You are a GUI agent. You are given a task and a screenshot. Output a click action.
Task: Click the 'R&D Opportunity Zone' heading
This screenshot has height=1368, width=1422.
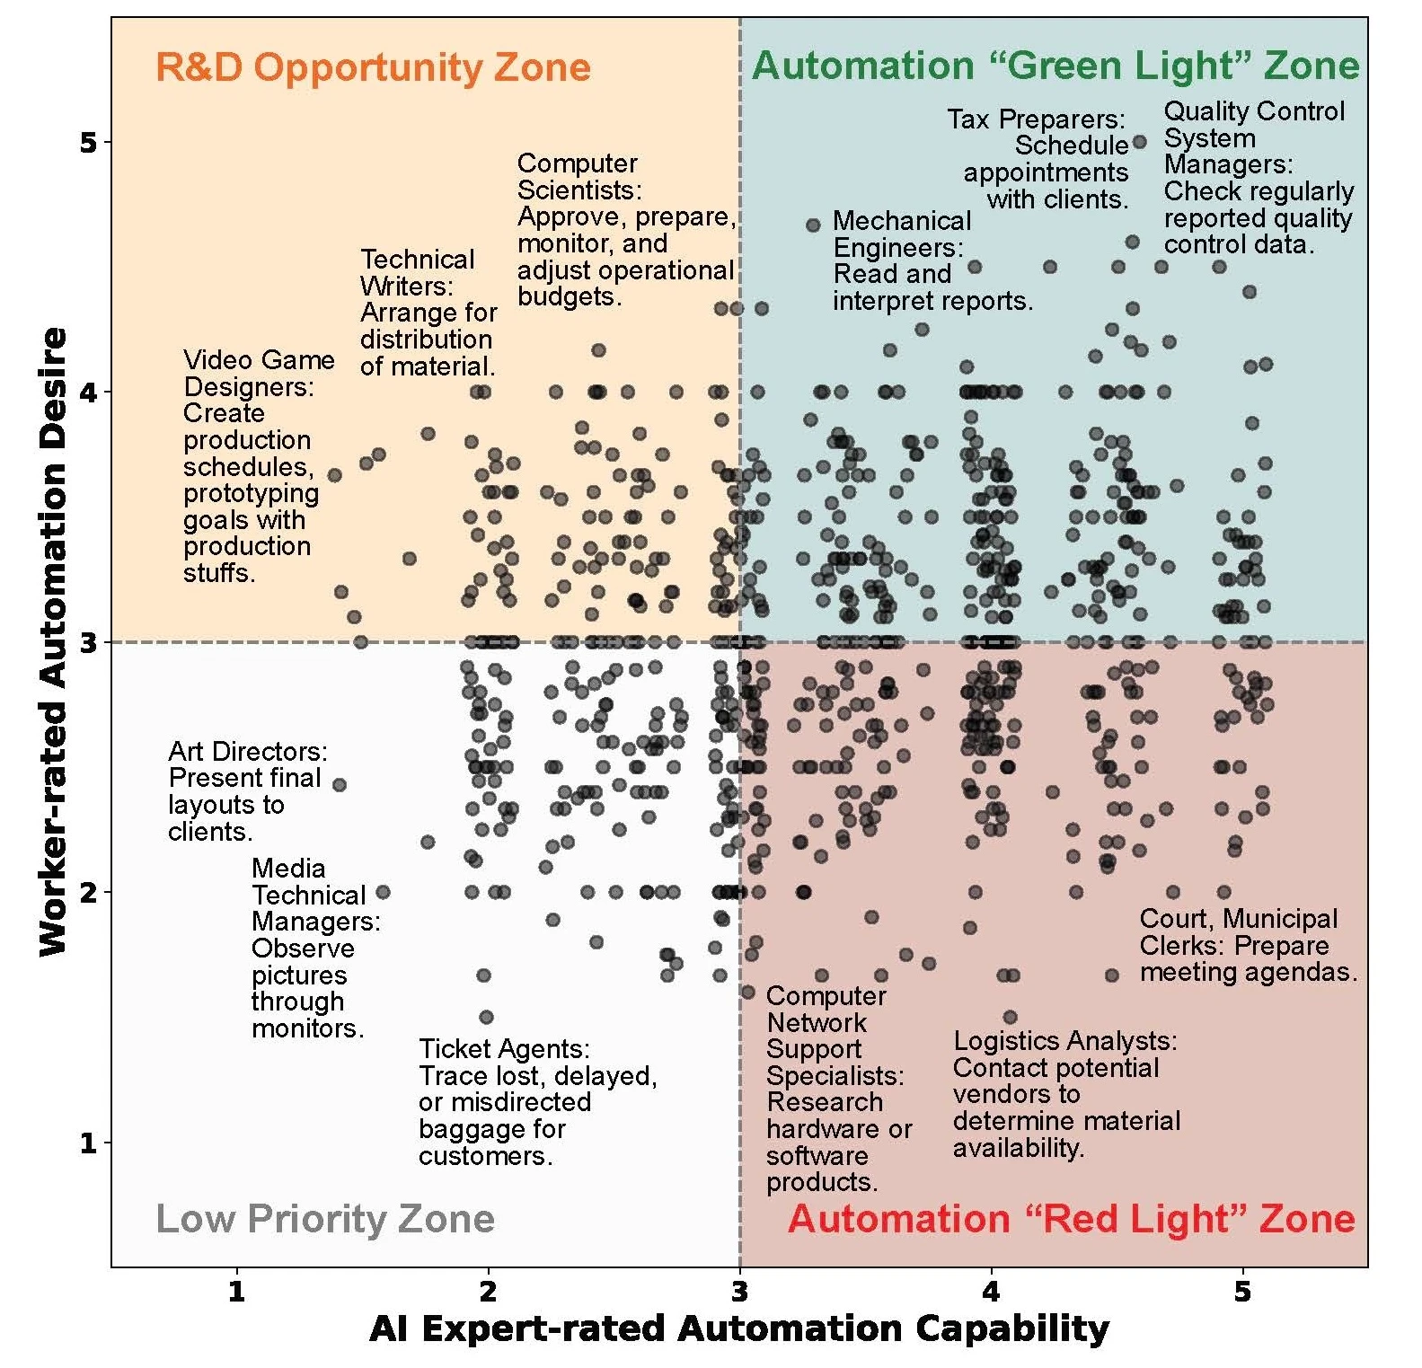coord(373,67)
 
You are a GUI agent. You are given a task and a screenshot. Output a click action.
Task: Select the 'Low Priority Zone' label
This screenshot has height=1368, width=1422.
coord(325,1219)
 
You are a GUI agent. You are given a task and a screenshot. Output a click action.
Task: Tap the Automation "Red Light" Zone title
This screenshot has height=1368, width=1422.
coord(1071,1219)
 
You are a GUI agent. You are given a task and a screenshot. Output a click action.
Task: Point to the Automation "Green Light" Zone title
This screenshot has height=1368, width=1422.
coord(1055,66)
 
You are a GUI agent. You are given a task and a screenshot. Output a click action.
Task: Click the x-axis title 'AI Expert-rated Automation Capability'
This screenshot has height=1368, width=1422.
coord(738,1328)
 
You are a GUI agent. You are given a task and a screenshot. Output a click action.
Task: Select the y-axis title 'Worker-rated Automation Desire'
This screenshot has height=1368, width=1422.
coord(54,641)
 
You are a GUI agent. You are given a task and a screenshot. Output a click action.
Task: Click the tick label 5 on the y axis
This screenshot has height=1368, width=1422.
coord(87,142)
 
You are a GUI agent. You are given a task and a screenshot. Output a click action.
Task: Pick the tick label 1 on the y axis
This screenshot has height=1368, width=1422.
coord(87,1143)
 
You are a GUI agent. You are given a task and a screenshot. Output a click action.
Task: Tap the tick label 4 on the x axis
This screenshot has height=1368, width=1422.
coord(991,1292)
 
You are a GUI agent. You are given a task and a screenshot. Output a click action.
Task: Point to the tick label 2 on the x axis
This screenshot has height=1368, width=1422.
coord(488,1292)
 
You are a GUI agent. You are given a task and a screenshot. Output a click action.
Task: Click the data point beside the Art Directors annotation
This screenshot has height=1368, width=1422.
coord(340,785)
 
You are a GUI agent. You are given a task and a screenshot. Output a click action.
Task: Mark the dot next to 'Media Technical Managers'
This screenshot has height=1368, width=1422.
coord(383,892)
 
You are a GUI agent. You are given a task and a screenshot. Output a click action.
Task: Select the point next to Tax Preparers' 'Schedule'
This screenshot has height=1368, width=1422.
coord(1140,142)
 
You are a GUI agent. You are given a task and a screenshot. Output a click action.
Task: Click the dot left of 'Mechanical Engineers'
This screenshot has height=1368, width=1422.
coord(813,225)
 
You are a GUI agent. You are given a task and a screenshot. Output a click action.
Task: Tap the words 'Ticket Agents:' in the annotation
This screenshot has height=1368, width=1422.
coord(504,1049)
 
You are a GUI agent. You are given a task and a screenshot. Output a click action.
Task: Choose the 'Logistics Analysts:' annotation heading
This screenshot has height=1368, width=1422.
coord(1064,1041)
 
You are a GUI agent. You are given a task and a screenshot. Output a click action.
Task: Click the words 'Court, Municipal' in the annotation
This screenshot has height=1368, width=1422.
coord(1238,919)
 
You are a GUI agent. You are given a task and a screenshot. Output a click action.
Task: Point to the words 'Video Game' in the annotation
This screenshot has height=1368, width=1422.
coord(259,360)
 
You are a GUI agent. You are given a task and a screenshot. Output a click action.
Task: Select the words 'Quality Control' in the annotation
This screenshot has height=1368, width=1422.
coord(1254,111)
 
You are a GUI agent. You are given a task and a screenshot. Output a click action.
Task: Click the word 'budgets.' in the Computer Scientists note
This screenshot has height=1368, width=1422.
coord(570,296)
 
